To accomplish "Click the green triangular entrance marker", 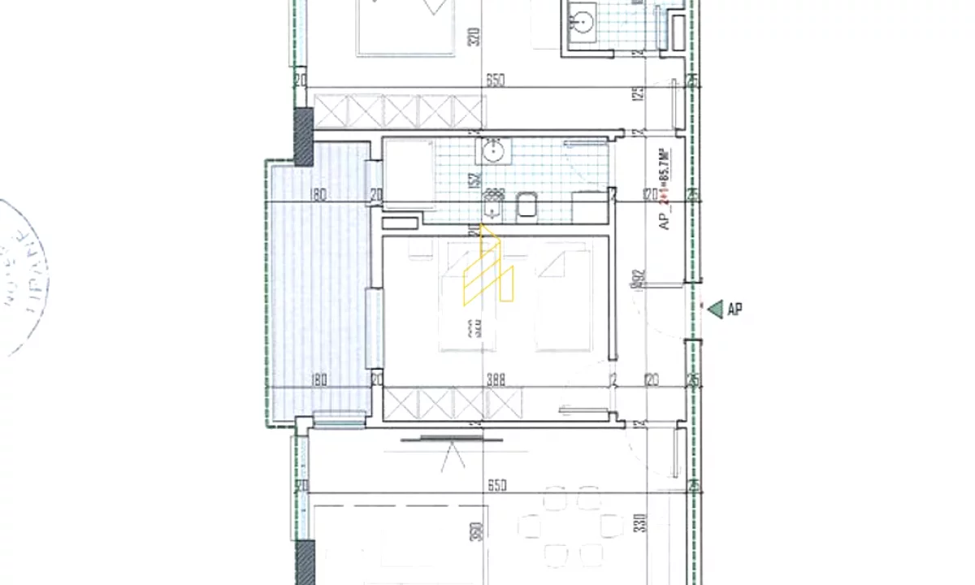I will point(715,309).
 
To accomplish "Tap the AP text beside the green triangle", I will point(735,310).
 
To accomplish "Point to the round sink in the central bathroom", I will point(492,151).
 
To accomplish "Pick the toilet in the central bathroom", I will point(526,206).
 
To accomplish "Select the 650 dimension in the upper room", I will point(496,80).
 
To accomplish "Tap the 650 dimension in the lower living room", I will point(497,485).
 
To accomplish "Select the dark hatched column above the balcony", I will point(303,136).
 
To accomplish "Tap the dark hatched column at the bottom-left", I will point(305,562).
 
